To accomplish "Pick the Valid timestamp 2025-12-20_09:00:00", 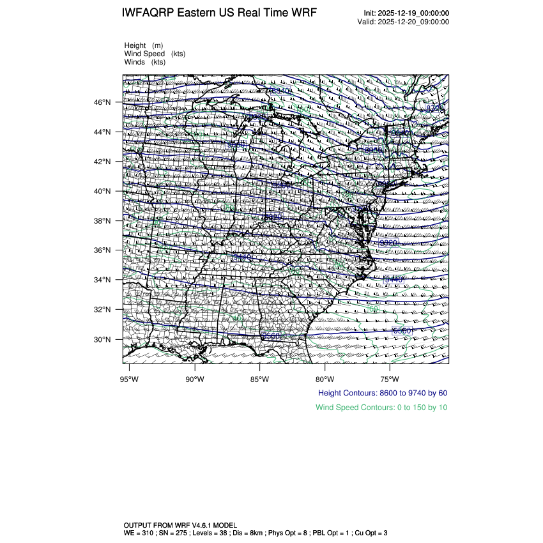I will click(413, 22).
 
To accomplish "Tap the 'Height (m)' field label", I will click(144, 45).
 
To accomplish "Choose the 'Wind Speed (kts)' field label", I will click(155, 54).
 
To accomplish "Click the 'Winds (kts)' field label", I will click(145, 62).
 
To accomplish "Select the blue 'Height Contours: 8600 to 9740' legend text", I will click(382, 393).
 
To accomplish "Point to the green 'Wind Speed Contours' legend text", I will click(381, 408).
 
